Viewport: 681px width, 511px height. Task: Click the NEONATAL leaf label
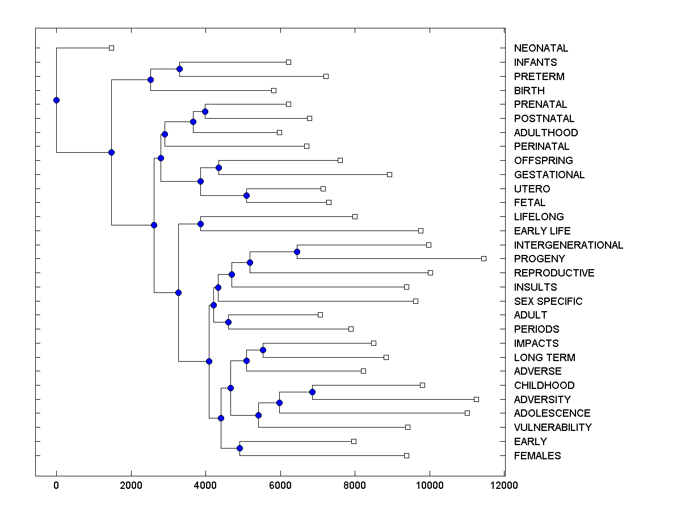click(541, 48)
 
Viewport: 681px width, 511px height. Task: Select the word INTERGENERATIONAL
click(568, 245)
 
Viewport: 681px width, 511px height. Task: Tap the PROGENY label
click(539, 259)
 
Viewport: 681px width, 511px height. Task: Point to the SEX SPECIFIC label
click(548, 301)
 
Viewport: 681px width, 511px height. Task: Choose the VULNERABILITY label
click(553, 428)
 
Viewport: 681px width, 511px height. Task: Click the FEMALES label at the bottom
click(537, 456)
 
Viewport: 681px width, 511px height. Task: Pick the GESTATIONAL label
click(549, 175)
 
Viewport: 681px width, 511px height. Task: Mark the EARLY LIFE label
click(542, 231)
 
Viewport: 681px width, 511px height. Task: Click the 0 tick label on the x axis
click(56, 485)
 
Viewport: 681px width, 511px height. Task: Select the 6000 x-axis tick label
click(280, 485)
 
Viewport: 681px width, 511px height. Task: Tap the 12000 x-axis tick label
click(504, 485)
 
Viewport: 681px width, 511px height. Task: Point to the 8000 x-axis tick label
click(355, 485)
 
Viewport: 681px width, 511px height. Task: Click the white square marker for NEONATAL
click(111, 48)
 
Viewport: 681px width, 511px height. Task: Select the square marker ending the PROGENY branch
click(484, 258)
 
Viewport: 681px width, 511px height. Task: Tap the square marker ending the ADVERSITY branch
click(476, 399)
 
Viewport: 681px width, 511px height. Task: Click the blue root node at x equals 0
click(56, 100)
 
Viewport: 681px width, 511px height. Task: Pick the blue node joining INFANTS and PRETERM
click(179, 69)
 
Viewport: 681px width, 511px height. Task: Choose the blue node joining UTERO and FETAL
click(246, 195)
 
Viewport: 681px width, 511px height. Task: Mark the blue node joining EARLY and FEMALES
click(239, 448)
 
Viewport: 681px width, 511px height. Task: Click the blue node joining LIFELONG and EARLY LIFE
click(200, 224)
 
